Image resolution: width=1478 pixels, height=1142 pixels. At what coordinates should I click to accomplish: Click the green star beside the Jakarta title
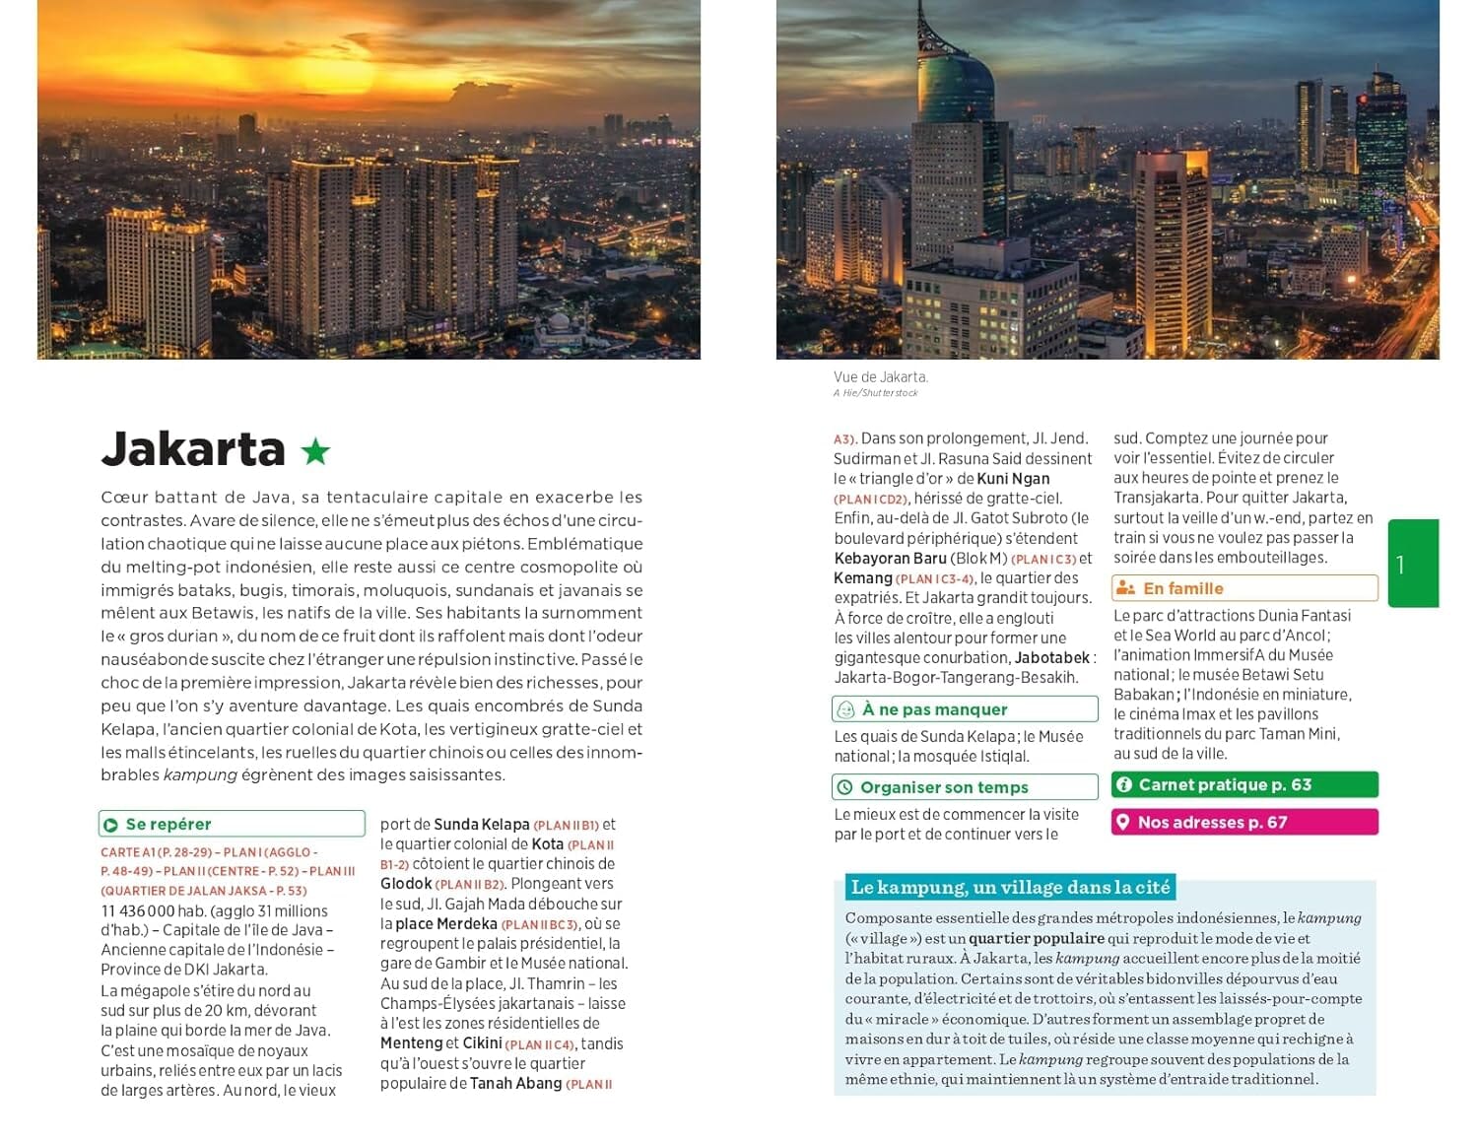[315, 451]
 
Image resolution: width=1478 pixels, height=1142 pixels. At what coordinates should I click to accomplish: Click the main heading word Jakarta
[193, 449]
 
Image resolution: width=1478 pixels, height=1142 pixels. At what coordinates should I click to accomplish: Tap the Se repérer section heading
[168, 825]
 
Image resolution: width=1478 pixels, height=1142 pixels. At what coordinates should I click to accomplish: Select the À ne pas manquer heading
[934, 709]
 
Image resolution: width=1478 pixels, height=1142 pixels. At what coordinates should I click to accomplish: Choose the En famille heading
[1182, 588]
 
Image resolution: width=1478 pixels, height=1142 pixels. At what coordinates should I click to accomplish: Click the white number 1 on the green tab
[1400, 565]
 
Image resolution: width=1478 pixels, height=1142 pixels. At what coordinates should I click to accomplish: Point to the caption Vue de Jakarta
[880, 377]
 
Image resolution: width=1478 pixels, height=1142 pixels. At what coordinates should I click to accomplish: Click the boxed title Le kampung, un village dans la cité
[1010, 888]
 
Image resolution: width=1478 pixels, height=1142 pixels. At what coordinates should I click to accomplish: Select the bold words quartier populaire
[1036, 939]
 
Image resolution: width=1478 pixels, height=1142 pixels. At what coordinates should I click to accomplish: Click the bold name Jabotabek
[1052, 658]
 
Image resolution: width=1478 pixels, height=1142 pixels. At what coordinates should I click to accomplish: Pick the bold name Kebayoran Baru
[890, 559]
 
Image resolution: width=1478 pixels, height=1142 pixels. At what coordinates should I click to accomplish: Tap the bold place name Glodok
[406, 885]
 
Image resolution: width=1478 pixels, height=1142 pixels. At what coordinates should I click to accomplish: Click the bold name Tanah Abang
[515, 1084]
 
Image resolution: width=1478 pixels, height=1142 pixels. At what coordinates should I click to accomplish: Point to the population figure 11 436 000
[138, 911]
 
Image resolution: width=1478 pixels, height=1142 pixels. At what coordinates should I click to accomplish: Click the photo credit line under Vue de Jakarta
[875, 393]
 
